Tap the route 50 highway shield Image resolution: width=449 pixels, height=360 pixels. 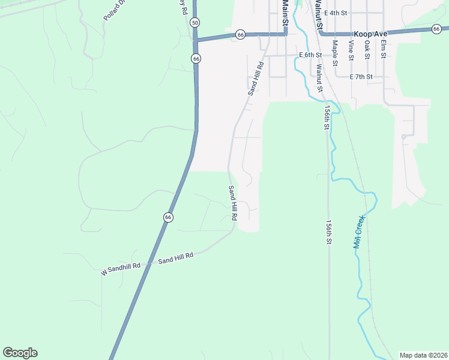click(x=194, y=22)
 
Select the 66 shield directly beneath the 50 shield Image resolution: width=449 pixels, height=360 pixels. click(x=196, y=58)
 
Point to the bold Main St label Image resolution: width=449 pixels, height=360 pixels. click(x=285, y=13)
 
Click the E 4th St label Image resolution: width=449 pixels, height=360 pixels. click(x=336, y=13)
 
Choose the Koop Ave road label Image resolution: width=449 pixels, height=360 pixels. click(x=370, y=34)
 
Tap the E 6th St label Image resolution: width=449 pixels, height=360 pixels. click(x=310, y=55)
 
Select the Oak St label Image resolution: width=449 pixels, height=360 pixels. click(x=367, y=50)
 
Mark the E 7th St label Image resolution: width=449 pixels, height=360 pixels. click(x=361, y=77)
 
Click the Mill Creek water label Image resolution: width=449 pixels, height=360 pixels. click(x=359, y=232)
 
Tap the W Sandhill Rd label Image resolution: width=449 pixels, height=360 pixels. click(x=121, y=269)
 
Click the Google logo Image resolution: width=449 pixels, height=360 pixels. click(x=20, y=353)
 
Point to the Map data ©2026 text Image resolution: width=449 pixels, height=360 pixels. click(x=424, y=355)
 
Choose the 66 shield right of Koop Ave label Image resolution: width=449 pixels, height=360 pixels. click(x=436, y=28)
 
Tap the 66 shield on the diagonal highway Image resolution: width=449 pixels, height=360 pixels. click(x=168, y=217)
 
